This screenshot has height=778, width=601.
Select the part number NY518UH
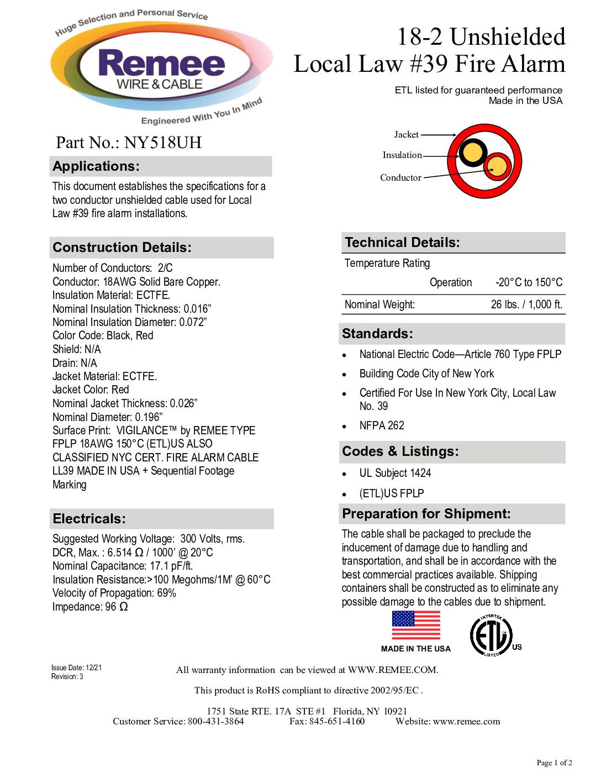(162, 143)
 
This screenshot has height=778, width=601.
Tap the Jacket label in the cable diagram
(406, 134)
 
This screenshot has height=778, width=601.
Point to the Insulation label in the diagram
(402, 155)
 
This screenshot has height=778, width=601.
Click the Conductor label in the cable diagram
(400, 177)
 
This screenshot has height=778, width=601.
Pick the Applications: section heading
(97, 166)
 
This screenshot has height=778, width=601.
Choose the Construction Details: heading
(122, 248)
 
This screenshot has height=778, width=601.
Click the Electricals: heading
(89, 519)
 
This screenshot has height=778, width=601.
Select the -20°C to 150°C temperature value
(529, 282)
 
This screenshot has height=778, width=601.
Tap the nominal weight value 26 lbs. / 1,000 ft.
(526, 304)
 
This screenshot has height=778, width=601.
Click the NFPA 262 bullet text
(382, 425)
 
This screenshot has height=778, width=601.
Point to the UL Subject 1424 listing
(395, 473)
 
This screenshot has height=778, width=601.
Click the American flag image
(416, 625)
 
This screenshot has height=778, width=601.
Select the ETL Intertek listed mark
(492, 635)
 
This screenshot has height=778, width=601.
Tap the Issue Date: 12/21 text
(76, 667)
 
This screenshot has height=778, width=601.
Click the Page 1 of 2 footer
(554, 763)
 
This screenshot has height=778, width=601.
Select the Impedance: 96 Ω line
(90, 607)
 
